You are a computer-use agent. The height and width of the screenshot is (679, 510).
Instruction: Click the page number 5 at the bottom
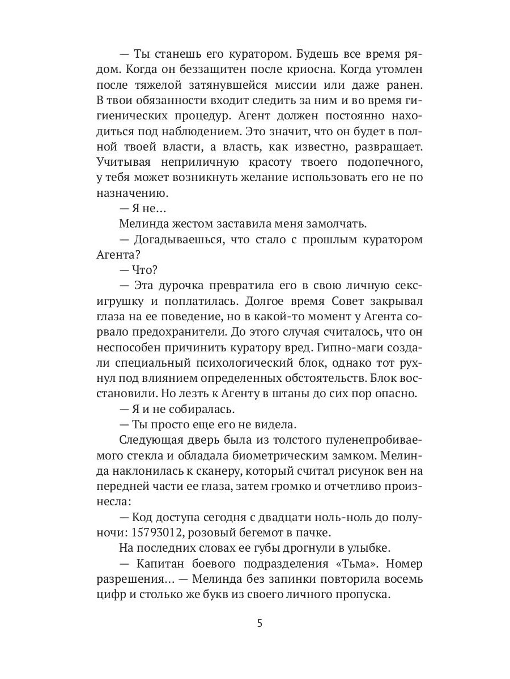260,624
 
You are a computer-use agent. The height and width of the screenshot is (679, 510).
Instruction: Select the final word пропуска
360,595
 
